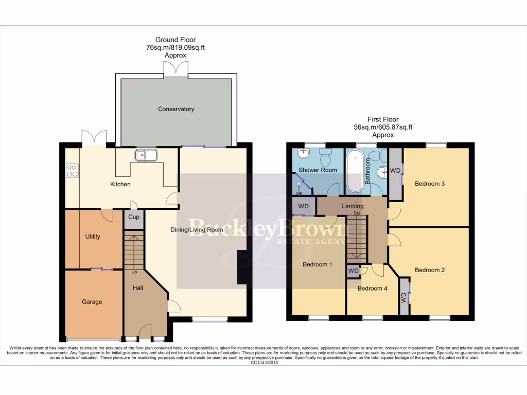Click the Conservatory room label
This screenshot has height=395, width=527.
(x=176, y=109)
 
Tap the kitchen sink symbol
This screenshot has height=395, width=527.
(x=146, y=155)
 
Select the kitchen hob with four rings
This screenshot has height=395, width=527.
(x=72, y=171)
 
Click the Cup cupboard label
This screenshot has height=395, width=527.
(x=134, y=217)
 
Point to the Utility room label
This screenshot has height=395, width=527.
(x=93, y=237)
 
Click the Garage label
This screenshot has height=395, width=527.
(x=92, y=302)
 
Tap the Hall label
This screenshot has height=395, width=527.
(x=138, y=288)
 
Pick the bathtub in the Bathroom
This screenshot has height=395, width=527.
(x=355, y=171)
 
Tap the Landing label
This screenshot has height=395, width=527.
(x=353, y=206)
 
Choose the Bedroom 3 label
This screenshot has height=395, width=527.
(x=430, y=184)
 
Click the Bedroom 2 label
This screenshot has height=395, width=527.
(x=430, y=270)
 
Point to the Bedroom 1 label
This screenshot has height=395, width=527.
(x=317, y=264)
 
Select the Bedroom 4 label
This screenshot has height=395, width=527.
(x=372, y=289)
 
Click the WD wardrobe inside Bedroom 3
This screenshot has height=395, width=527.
(x=395, y=171)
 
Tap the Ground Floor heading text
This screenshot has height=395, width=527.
(x=175, y=40)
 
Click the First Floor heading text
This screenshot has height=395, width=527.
(x=382, y=119)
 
